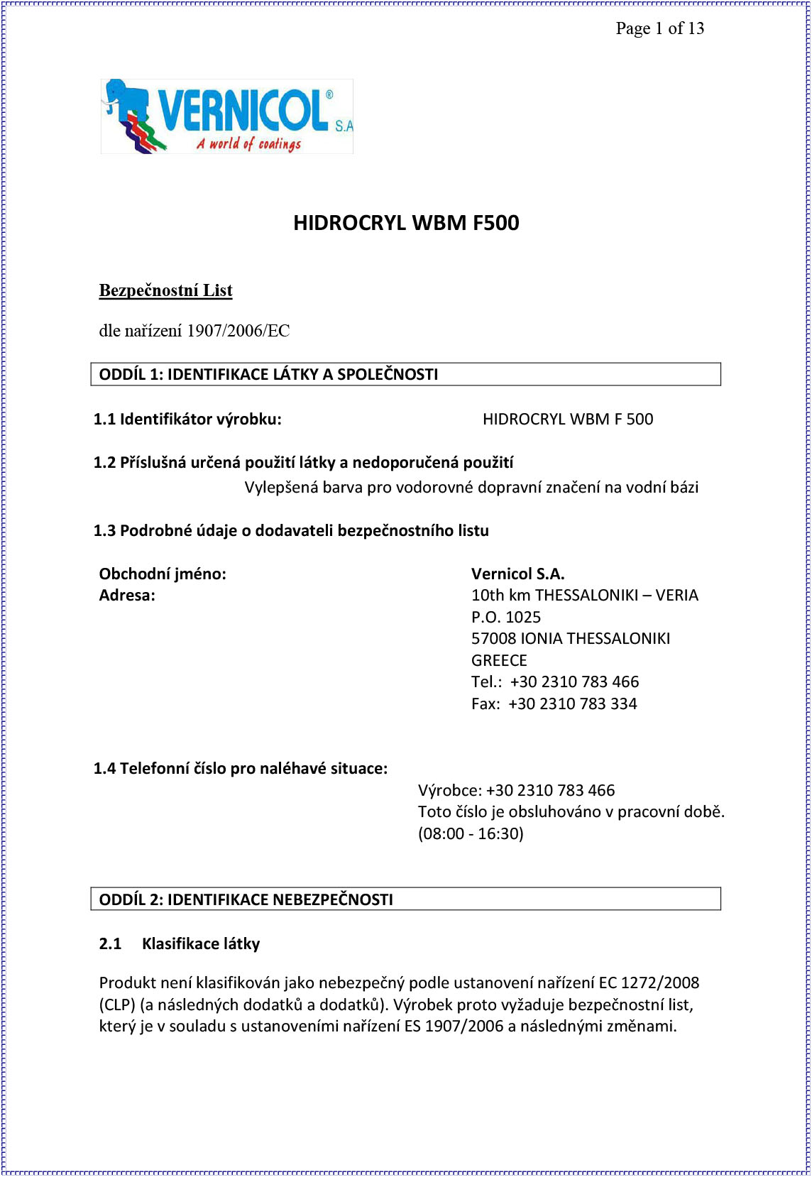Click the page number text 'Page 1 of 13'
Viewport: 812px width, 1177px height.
pos(659,28)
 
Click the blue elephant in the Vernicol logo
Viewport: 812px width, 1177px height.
pos(126,99)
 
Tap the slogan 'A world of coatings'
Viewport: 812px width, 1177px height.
pos(248,144)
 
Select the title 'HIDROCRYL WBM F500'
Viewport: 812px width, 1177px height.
pos(406,223)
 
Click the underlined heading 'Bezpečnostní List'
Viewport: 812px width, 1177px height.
pos(165,290)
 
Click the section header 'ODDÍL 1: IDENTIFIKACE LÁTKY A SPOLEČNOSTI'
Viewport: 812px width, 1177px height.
pos(268,374)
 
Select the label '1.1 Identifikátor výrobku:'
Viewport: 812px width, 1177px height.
pos(187,419)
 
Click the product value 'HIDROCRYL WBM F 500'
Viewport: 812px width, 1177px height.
pos(568,419)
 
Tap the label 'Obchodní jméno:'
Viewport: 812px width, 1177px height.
pos(163,574)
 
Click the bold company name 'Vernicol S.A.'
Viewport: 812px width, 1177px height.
pos(517,574)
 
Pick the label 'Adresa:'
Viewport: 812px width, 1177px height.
pos(127,595)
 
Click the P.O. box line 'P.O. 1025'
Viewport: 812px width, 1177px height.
pos(506,617)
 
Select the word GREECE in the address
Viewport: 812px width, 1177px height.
pos(499,660)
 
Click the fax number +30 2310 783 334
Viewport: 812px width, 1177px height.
pos(572,704)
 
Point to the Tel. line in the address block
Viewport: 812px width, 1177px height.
pos(555,681)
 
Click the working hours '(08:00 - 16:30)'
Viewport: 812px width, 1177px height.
pos(471,833)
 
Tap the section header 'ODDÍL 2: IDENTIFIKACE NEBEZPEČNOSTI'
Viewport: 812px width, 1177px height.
pos(246,899)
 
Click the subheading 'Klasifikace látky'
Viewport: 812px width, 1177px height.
pos(201,943)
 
